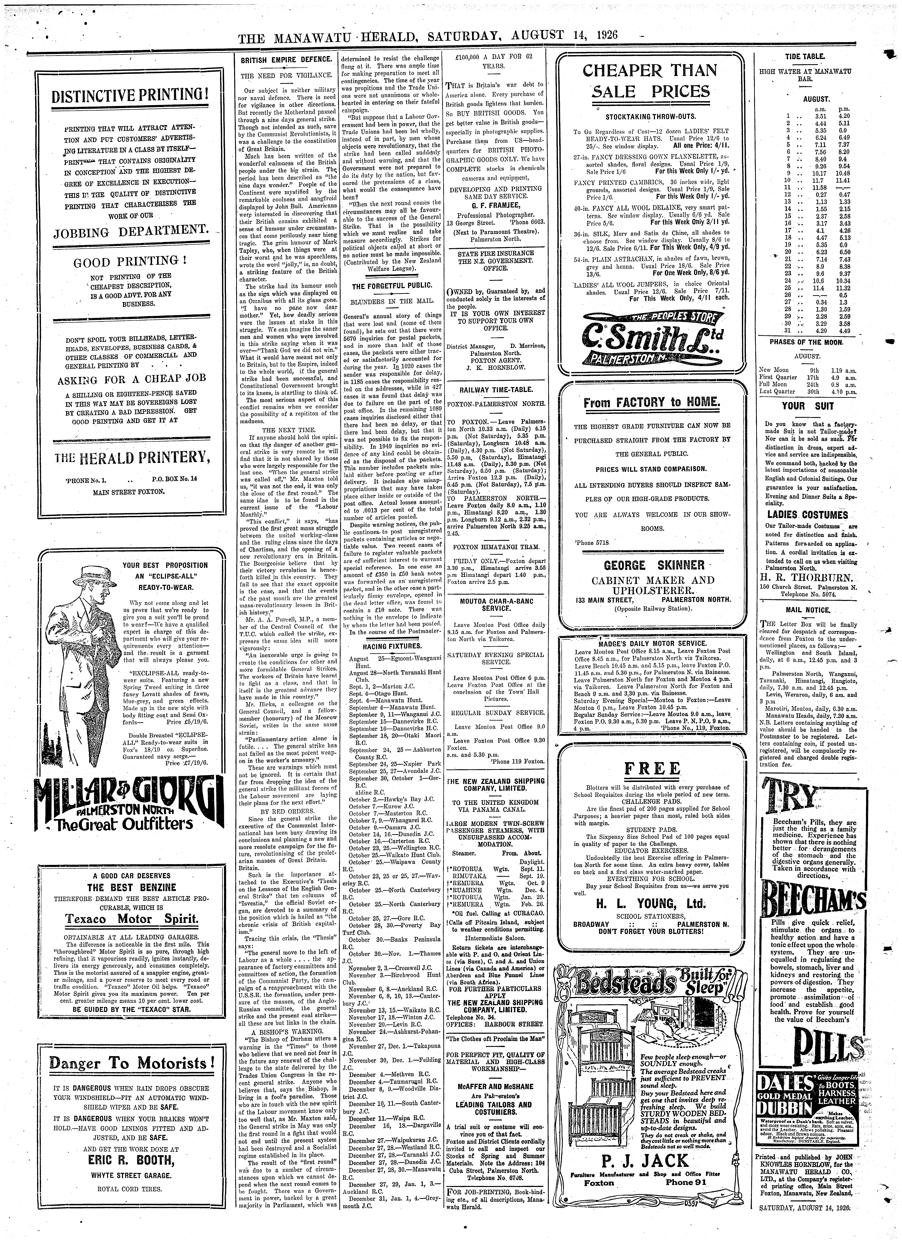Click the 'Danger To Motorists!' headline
click(131, 1077)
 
